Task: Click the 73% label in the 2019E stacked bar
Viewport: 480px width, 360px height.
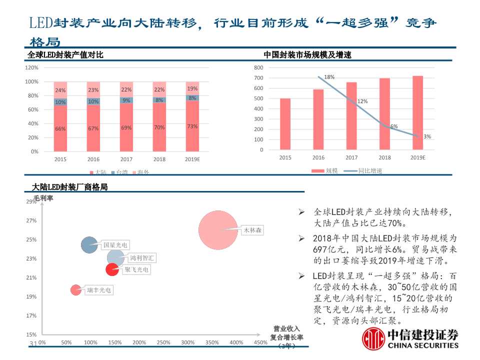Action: (192, 126)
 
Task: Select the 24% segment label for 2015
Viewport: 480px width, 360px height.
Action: (60, 90)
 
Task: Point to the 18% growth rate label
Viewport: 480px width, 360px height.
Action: (329, 77)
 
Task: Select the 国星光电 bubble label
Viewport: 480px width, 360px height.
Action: (115, 245)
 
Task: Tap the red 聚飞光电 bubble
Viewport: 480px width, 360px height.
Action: (112, 269)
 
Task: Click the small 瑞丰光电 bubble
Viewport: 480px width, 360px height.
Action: (75, 289)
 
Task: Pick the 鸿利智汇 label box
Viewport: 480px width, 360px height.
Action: (142, 258)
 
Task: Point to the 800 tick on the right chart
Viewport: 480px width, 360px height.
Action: (258, 67)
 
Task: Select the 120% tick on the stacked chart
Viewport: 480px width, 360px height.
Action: (31, 67)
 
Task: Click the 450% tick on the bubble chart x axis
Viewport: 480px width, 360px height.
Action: (260, 343)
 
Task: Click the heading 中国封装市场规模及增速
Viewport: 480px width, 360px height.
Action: (307, 55)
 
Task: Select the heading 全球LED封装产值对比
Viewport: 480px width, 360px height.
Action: (65, 55)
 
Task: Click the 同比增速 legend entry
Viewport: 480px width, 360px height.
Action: (369, 171)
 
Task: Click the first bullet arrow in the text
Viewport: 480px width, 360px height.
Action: (301, 212)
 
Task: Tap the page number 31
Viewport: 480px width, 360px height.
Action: (34, 343)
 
